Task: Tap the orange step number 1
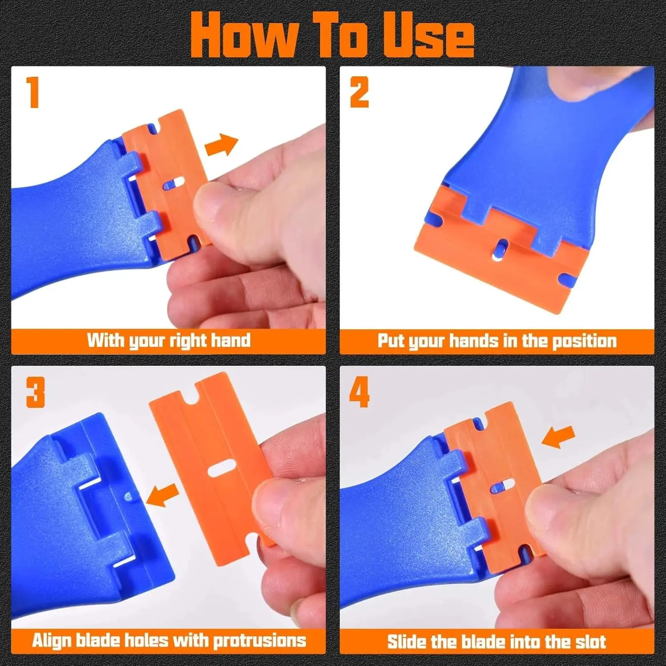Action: pyautogui.click(x=33, y=92)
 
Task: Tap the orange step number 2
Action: pyautogui.click(x=359, y=92)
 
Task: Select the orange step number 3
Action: pyautogui.click(x=36, y=392)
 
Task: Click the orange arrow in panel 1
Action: pyautogui.click(x=222, y=144)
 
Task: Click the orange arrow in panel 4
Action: pyautogui.click(x=559, y=437)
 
